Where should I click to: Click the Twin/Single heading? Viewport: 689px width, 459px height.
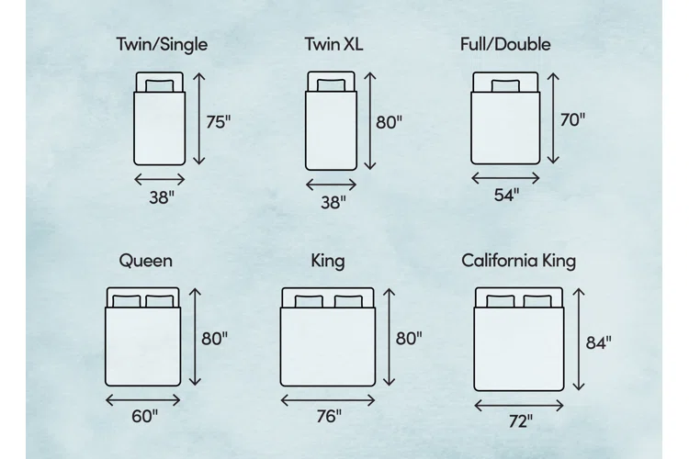162,45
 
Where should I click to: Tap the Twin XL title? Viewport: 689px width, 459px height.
334,44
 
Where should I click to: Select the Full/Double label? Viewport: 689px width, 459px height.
505,45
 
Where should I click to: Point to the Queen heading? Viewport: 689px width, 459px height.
146,261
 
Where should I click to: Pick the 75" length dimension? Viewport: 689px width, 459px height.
219,122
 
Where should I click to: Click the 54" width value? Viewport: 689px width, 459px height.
506,195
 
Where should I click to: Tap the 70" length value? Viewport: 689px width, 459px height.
572,119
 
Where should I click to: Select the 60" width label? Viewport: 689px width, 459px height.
144,416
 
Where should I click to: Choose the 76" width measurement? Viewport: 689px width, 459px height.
329,416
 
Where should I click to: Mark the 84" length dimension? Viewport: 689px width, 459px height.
598,342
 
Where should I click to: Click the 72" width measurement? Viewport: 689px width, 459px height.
521,421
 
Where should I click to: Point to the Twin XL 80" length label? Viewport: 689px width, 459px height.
389,122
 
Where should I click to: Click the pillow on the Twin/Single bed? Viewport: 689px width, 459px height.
160,85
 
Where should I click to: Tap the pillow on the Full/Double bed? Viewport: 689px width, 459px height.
505,85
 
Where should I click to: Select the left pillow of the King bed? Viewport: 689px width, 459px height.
309,301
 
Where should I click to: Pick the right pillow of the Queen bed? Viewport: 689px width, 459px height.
160,301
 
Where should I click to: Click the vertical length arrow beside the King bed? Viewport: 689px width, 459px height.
390,337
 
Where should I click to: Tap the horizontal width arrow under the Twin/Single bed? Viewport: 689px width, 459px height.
160,179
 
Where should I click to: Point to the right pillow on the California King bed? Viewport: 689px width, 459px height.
537,301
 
